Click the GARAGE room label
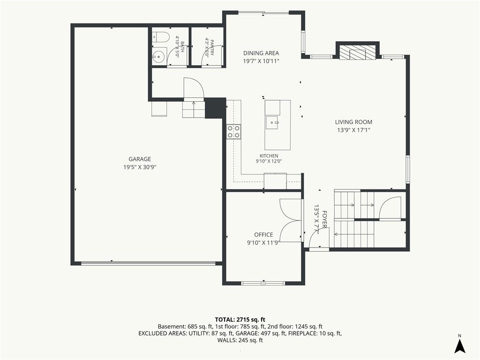coord(140,159)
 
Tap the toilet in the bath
coord(161,37)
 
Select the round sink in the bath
coord(159,56)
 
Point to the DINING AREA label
coord(261,53)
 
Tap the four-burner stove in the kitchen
coord(233,132)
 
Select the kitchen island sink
coord(271,122)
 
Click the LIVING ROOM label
coord(353,122)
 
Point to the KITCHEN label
coord(269,156)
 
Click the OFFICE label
coord(263,235)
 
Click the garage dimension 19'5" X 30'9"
coord(140,167)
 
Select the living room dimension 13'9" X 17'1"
coord(353,130)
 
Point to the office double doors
coord(291,221)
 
